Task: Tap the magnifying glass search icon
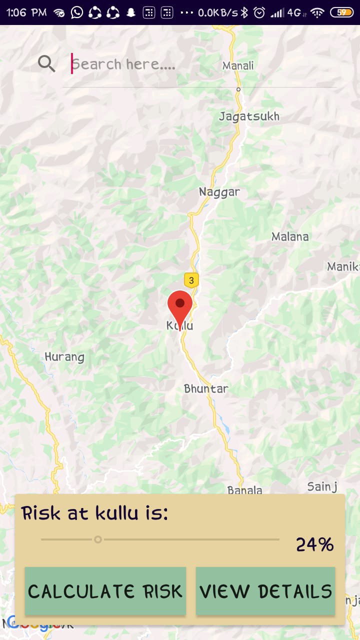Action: (46, 63)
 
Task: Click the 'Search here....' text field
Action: (200, 64)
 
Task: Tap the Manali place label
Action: (238, 65)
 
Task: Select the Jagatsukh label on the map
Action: (249, 116)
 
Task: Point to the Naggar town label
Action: (219, 192)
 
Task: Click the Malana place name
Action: (290, 236)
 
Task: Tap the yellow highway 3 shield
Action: (191, 280)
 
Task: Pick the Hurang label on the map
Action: (64, 357)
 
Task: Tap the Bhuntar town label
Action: (206, 388)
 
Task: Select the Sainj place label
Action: (322, 486)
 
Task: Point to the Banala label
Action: (245, 490)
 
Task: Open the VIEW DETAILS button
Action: (265, 591)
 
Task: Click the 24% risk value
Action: (314, 544)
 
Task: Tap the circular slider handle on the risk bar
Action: (98, 539)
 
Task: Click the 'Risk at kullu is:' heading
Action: (95, 513)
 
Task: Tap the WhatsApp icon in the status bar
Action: (76, 12)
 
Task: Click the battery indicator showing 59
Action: (342, 12)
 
